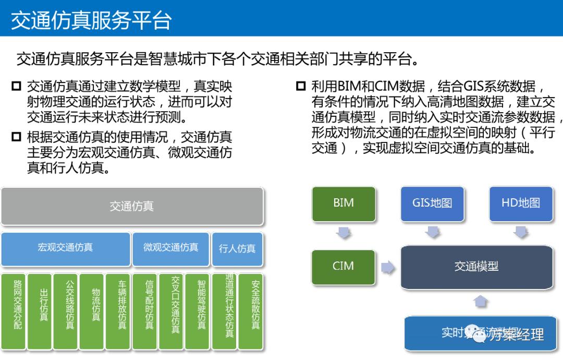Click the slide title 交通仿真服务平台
91,20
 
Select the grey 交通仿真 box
132,206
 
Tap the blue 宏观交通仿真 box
65,248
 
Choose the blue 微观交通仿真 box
171,248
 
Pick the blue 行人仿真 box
237,249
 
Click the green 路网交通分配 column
14,311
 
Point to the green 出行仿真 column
40,311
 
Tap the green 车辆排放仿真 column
118,311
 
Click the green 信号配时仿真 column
145,311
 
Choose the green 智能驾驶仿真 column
198,311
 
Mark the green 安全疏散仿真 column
251,311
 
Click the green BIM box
344,203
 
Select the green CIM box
344,267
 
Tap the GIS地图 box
432,203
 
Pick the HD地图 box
521,203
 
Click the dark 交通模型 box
476,267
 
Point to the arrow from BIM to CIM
344,232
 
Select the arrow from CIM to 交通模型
388,267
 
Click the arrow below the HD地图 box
521,232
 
